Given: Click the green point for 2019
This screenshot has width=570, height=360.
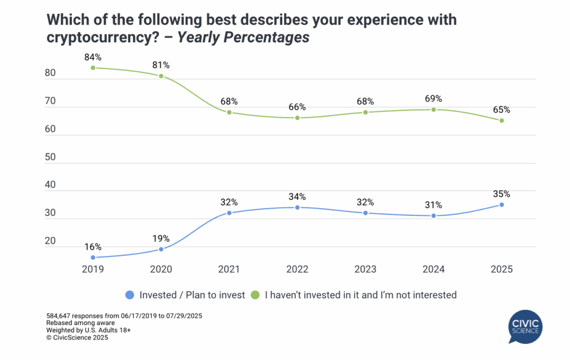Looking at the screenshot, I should (x=93, y=68).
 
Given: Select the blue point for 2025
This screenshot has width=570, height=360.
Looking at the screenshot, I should (x=502, y=205).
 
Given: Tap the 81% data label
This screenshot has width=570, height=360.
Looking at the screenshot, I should (x=161, y=65).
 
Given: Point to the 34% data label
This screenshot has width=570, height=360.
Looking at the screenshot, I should (x=297, y=196).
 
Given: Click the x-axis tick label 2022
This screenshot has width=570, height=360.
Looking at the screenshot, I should (x=297, y=269).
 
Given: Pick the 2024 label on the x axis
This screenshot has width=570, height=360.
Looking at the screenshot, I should (x=434, y=269).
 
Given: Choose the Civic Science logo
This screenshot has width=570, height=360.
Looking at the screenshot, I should (x=526, y=327).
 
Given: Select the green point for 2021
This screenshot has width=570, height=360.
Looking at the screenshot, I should (x=229, y=112).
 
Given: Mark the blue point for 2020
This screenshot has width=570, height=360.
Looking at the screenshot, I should (x=161, y=249).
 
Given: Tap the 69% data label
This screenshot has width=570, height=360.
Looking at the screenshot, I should (x=434, y=99).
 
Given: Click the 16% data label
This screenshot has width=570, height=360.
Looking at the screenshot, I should (x=93, y=246).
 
